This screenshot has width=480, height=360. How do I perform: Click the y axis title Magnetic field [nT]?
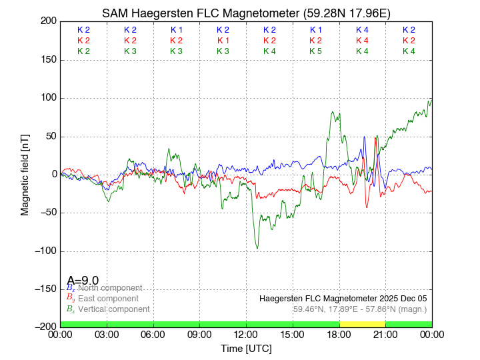pyautogui.click(x=25, y=173)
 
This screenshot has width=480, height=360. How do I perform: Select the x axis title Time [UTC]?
pyautogui.click(x=246, y=348)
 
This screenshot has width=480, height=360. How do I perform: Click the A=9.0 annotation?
pyautogui.click(x=83, y=281)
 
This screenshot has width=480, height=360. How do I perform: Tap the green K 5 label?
pyautogui.click(x=315, y=51)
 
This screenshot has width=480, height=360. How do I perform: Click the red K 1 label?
pyautogui.click(x=223, y=41)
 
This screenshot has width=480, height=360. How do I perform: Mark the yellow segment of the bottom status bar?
pyautogui.click(x=362, y=323)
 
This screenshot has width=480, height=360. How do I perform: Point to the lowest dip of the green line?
pyautogui.click(x=257, y=249)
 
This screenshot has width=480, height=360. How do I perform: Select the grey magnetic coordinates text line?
pyautogui.click(x=359, y=309)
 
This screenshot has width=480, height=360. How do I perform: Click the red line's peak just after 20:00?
pyautogui.click(x=376, y=138)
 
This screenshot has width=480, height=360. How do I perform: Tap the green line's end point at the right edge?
pyautogui.click(x=431, y=99)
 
